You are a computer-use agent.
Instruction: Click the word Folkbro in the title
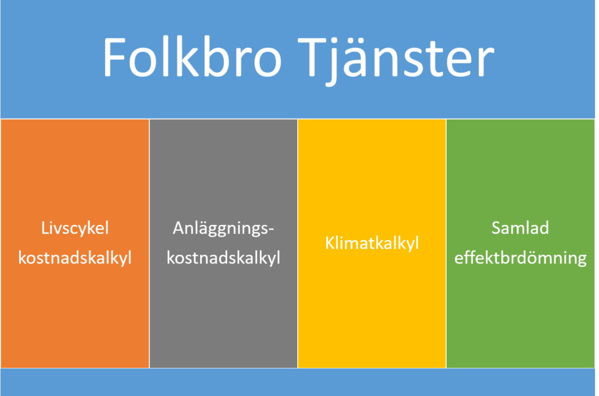192,58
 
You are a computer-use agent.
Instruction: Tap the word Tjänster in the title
395,61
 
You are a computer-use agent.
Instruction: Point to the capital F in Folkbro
115,58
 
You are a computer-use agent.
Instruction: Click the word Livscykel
75,229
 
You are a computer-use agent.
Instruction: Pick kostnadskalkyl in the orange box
75,258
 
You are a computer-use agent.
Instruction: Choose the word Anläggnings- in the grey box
223,229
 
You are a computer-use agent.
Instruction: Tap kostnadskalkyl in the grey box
223,258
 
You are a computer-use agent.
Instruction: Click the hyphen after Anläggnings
271,230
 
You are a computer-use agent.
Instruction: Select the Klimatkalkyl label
372,244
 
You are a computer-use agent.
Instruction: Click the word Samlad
520,228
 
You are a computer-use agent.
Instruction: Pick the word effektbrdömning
520,258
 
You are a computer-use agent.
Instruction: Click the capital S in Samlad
496,228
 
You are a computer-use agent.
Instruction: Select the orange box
75,244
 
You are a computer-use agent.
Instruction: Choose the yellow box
372,244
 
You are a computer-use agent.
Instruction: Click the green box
520,244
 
